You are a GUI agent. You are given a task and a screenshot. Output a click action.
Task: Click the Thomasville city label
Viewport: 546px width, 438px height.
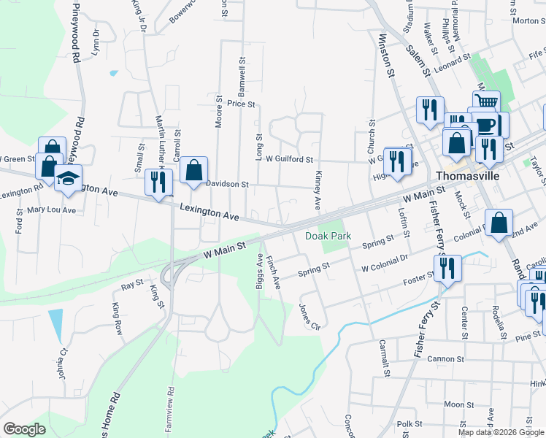[x=466, y=176]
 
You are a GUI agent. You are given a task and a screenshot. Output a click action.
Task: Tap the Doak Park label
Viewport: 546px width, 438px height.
[x=328, y=236]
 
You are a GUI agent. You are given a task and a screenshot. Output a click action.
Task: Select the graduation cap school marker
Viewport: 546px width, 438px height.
[x=67, y=180]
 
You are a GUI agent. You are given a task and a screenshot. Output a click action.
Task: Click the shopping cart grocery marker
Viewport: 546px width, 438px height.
[x=486, y=102]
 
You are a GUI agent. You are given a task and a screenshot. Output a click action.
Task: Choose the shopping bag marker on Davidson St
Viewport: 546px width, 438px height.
[x=193, y=172]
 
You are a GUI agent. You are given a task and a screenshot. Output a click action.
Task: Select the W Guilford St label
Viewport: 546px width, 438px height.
[x=289, y=158]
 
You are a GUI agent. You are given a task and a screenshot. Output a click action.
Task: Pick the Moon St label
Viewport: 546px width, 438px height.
[x=458, y=404]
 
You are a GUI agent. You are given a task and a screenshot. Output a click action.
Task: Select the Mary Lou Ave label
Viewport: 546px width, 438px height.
[x=51, y=210]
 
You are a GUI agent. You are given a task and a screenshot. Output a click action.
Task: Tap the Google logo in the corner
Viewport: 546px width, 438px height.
[x=24, y=429]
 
